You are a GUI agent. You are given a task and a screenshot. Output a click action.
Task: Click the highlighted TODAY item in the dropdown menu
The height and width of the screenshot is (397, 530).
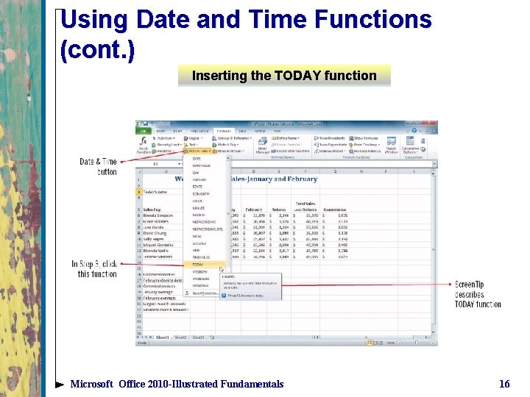(199, 263)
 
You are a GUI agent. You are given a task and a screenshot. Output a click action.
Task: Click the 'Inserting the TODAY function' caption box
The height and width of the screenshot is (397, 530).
(284, 76)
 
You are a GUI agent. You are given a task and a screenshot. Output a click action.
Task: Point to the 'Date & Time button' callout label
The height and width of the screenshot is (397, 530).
(98, 167)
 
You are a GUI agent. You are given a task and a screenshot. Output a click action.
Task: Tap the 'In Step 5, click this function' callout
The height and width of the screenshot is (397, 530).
(94, 269)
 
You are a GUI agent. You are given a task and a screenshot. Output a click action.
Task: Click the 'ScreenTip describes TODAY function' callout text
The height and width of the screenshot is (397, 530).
(478, 294)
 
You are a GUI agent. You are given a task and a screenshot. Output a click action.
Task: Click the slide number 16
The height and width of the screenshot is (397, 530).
(504, 384)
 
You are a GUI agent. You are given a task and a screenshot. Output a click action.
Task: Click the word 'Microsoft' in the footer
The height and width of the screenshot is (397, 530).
(92, 384)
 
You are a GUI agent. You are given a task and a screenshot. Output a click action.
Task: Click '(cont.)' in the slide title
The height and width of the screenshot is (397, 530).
(98, 50)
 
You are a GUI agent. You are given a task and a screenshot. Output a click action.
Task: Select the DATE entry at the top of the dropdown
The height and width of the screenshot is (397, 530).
(197, 158)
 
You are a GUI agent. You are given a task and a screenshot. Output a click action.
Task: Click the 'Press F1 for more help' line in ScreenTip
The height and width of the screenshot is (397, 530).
(245, 296)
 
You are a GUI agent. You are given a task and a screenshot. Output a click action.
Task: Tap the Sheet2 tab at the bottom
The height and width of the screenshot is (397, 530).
(179, 337)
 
